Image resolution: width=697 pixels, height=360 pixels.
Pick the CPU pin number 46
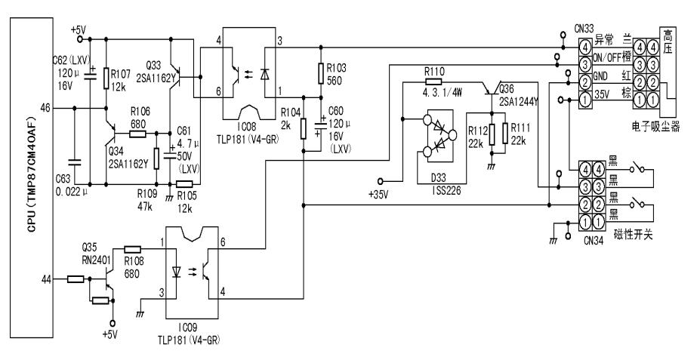click(x=45, y=108)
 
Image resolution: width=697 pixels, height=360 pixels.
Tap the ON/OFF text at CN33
click(x=608, y=60)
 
